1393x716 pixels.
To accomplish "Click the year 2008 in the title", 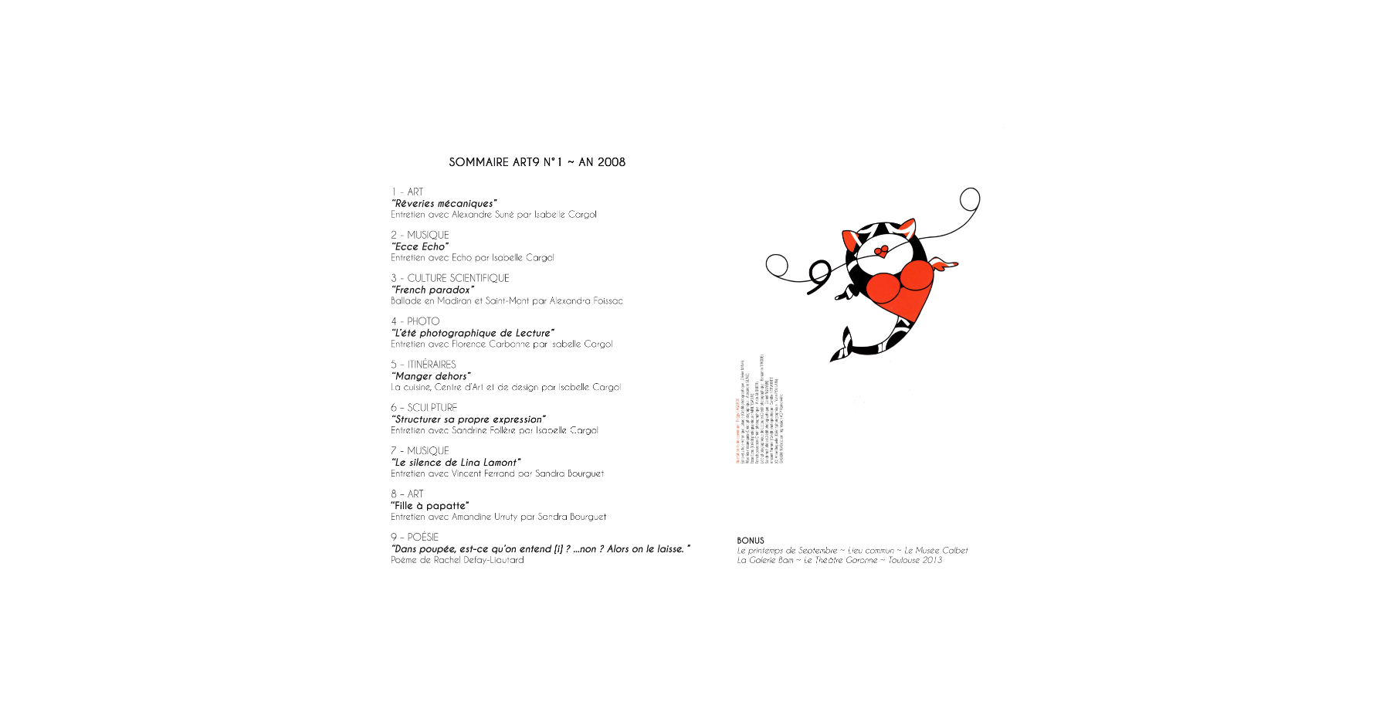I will [612, 162].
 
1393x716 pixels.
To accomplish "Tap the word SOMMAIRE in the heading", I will [479, 162].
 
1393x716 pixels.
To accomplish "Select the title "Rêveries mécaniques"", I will [444, 204].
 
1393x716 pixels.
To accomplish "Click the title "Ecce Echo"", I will [420, 247].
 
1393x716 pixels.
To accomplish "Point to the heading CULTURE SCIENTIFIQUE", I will [458, 278].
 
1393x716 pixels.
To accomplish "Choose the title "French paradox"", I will [433, 290].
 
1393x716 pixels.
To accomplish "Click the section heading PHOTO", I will [423, 321].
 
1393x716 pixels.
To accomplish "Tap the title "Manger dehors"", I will [431, 377].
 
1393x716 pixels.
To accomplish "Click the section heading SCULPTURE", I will [432, 408].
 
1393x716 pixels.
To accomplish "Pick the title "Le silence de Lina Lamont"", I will [456, 463].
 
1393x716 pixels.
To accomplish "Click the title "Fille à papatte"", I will [430, 506].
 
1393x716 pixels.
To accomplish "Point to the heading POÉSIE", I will [423, 538].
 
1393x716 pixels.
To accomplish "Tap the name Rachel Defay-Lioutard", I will [479, 560].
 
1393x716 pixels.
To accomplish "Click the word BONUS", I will [751, 541].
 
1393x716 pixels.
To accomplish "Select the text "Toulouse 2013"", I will [915, 560].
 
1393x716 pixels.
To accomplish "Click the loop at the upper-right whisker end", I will [970, 199].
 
